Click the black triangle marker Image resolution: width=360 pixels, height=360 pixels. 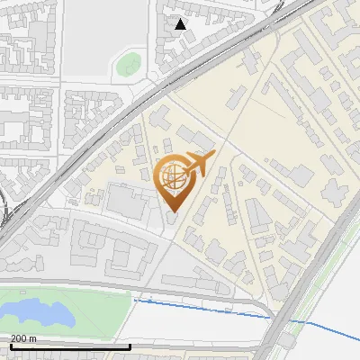click(181, 23)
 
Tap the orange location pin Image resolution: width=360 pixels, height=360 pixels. click(174, 180)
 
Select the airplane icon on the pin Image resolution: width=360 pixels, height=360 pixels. click(199, 163)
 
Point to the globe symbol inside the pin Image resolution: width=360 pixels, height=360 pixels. click(172, 177)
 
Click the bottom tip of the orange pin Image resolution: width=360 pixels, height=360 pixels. click(174, 211)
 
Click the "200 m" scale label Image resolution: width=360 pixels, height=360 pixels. click(24, 337)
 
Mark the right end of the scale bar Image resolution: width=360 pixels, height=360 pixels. click(130, 346)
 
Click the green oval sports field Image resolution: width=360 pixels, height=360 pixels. click(129, 64)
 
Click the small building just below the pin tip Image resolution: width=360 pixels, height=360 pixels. click(174, 220)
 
